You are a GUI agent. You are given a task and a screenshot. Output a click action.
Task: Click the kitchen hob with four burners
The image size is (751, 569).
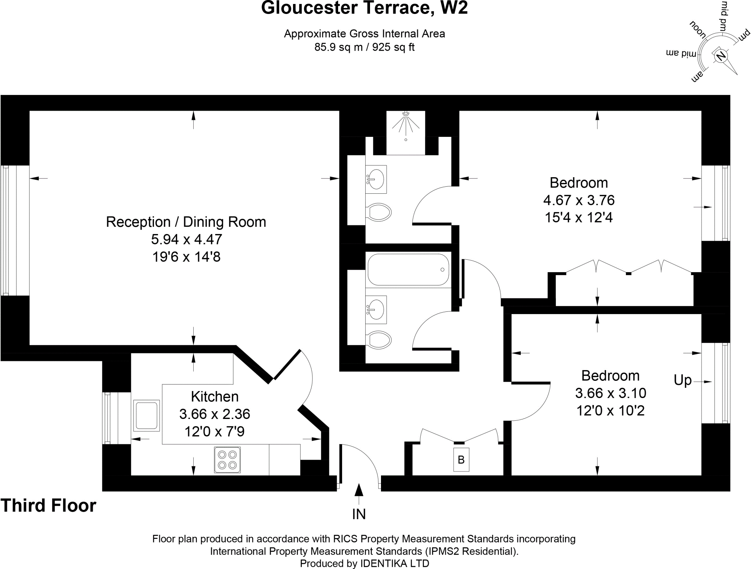pyautogui.click(x=227, y=460)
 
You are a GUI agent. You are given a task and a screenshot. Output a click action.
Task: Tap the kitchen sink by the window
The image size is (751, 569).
pyautogui.click(x=147, y=415)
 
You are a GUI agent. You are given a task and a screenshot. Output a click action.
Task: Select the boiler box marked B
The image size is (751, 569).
pyautogui.click(x=461, y=460)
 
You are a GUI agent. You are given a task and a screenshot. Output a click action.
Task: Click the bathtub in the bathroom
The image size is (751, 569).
pyautogui.click(x=408, y=270)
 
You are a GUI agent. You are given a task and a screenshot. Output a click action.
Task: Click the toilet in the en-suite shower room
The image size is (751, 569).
pyautogui.click(x=378, y=212)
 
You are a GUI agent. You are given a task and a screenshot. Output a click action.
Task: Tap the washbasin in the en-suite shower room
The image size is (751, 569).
pyautogui.click(x=376, y=179)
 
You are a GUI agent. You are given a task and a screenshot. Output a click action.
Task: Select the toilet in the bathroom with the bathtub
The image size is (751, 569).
pyautogui.click(x=378, y=340)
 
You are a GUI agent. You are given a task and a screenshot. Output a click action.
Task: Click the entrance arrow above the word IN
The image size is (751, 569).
pyautogui.click(x=359, y=490)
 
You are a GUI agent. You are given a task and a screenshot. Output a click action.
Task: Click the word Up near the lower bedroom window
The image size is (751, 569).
pyautogui.click(x=682, y=380)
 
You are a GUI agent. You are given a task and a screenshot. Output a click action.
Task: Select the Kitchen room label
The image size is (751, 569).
pyautogui.click(x=215, y=397)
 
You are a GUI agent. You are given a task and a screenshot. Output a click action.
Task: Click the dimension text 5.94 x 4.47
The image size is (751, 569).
pyautogui.click(x=187, y=239)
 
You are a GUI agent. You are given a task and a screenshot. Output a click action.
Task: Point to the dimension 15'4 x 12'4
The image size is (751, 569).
pyautogui.click(x=578, y=218)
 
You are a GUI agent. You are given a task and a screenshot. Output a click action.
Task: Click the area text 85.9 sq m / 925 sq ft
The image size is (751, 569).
pyautogui.click(x=364, y=47)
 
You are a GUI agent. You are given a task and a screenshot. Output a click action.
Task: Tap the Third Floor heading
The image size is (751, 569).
pyautogui.click(x=48, y=506)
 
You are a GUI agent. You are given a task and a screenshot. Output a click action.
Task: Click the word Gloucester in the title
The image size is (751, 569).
pyautogui.click(x=309, y=8)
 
